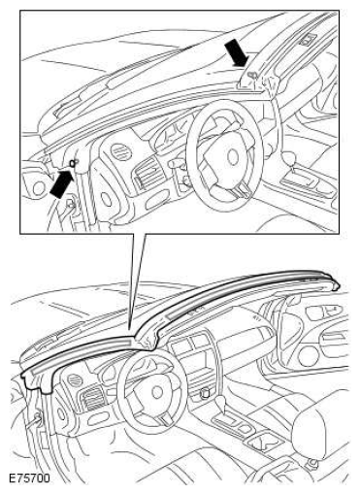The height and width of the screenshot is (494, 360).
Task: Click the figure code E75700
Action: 29,478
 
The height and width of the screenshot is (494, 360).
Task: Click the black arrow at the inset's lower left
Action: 60,184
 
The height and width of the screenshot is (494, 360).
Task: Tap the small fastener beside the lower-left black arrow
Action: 74,162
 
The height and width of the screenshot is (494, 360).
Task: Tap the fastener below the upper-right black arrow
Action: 252,75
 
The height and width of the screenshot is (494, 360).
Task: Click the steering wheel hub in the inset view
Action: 232,157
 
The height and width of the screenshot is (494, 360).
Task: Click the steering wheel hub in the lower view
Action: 156,392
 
